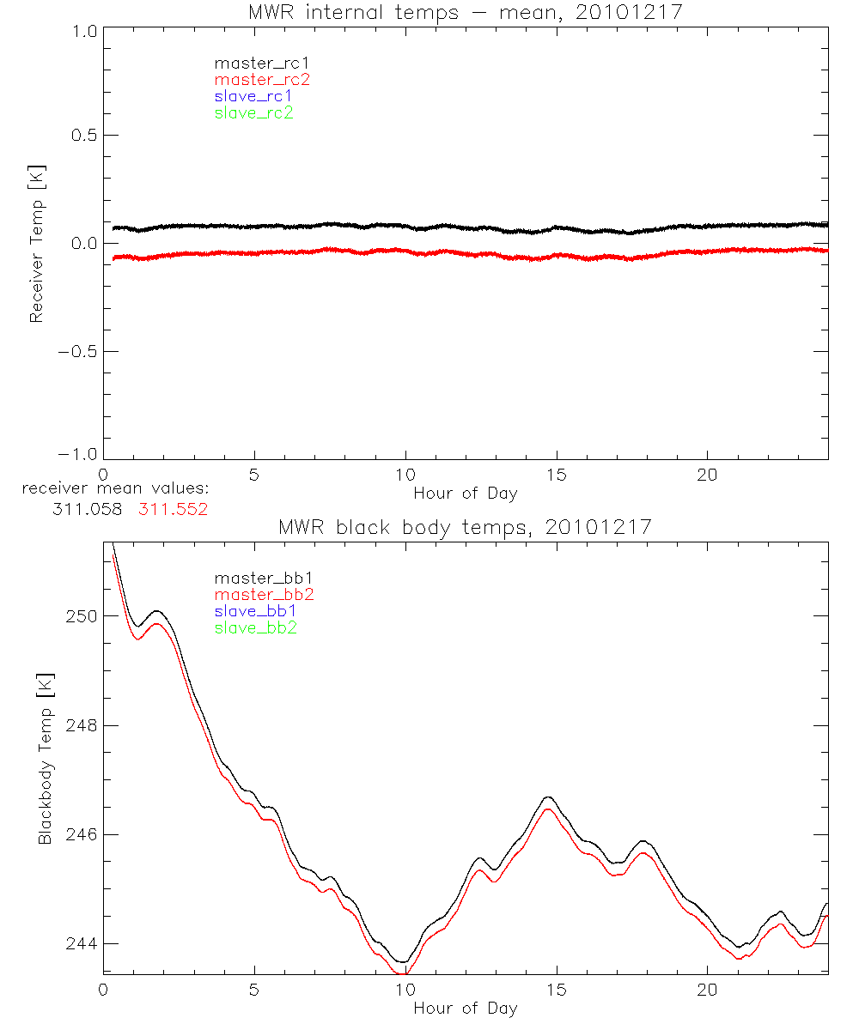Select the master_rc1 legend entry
253,63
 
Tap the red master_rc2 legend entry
262,80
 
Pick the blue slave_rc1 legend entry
253,96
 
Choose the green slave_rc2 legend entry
253,113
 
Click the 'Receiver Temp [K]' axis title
36,244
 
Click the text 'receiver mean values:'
116,489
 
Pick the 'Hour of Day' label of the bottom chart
465,1009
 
